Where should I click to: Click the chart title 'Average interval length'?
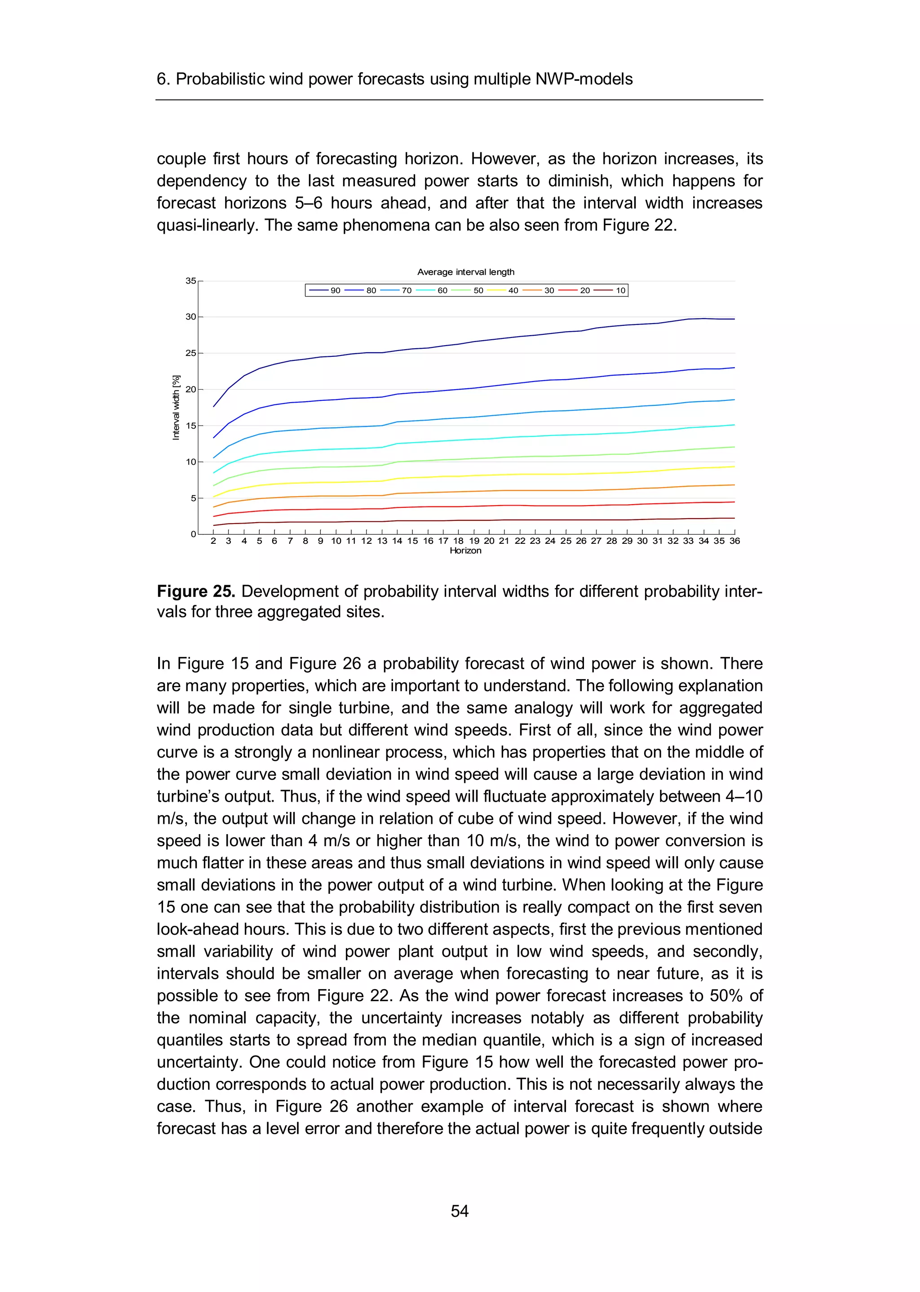[466, 272]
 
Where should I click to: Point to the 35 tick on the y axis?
[191, 281]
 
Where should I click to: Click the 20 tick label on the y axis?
[191, 389]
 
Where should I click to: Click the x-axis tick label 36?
[734, 541]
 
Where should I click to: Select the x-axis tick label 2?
[213, 541]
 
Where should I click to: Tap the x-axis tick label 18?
[458, 541]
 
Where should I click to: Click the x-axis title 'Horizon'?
[466, 550]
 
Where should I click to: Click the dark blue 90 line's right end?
[734, 319]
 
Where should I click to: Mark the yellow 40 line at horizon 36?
[734, 466]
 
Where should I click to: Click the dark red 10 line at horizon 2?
[213, 525]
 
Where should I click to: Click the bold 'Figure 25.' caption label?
[196, 591]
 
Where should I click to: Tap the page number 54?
[460, 1211]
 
